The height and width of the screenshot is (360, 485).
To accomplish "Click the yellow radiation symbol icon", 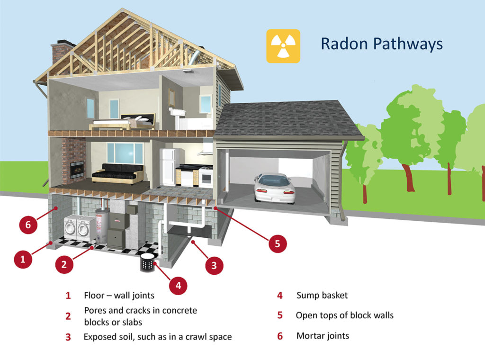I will (x=283, y=46).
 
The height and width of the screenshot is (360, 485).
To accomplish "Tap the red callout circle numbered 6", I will (x=28, y=225).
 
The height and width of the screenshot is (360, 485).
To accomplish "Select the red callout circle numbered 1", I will (x=22, y=259).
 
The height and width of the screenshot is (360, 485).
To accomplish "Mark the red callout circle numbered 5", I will (x=278, y=243).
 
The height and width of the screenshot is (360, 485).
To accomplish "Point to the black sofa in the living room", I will (x=117, y=173).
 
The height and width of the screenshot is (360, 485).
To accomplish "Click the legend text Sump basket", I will (x=322, y=296).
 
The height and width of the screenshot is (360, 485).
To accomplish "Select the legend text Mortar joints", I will (x=323, y=336).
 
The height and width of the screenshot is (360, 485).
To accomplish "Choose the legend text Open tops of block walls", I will (x=344, y=315).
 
